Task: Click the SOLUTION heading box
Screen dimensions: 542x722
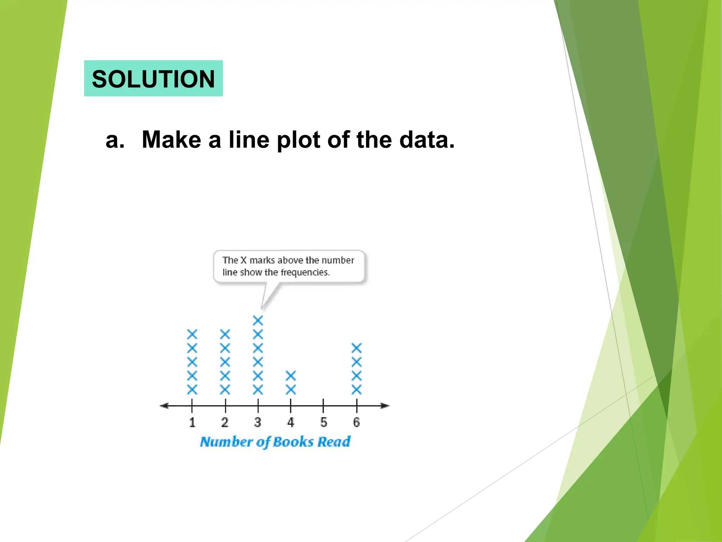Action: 153,78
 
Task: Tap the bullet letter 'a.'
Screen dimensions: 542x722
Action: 115,140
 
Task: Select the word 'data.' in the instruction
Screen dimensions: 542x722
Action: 427,140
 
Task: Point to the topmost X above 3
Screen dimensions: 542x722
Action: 258,320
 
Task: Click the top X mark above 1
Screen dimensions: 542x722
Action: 192,334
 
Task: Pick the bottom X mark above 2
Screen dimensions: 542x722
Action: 225,390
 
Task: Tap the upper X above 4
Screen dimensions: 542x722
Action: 291,376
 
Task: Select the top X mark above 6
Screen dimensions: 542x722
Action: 357,348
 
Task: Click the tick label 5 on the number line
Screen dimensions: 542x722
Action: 324,422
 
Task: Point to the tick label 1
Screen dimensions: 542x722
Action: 192,422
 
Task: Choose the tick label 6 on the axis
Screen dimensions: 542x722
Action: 357,422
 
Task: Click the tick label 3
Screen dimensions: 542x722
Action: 258,422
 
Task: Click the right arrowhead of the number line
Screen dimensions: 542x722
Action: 385,406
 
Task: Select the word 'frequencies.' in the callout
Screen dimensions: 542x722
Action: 305,272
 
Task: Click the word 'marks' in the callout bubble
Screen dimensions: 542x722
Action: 262,260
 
